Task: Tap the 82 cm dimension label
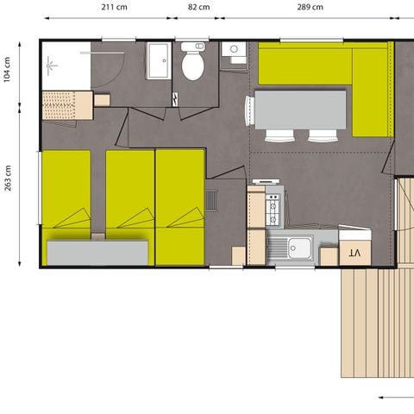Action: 198,7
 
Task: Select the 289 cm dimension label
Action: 310,7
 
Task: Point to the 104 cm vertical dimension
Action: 7,69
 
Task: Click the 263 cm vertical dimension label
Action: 8,178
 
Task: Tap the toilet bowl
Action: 192,66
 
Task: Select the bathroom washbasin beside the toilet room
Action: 159,61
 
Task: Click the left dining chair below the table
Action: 279,135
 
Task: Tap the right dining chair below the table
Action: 323,135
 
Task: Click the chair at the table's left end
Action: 249,110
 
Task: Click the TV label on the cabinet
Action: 354,252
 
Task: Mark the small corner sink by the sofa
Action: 234,53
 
